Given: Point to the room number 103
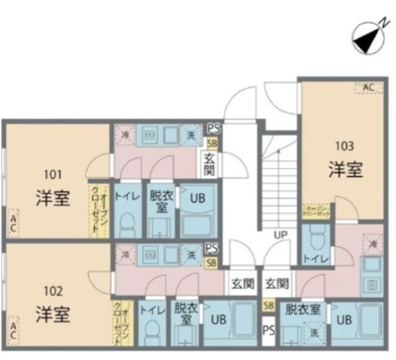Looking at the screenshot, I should [x=345, y=146].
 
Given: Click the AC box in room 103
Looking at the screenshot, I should [x=369, y=87].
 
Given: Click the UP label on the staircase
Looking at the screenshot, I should [x=281, y=235].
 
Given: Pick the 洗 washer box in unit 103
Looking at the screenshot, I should [x=313, y=333].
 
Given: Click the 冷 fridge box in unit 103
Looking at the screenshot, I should [x=373, y=243].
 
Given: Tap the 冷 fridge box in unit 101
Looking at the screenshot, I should [x=126, y=135].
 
